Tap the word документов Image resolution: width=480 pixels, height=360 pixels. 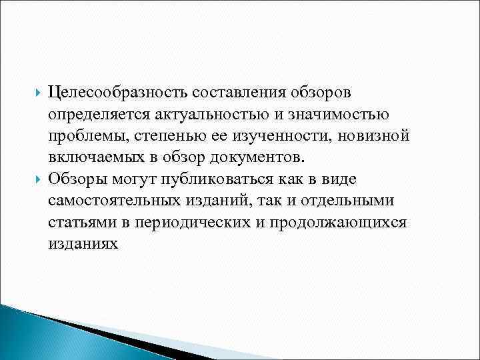(x=257, y=158)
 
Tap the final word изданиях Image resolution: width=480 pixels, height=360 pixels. (x=83, y=243)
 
